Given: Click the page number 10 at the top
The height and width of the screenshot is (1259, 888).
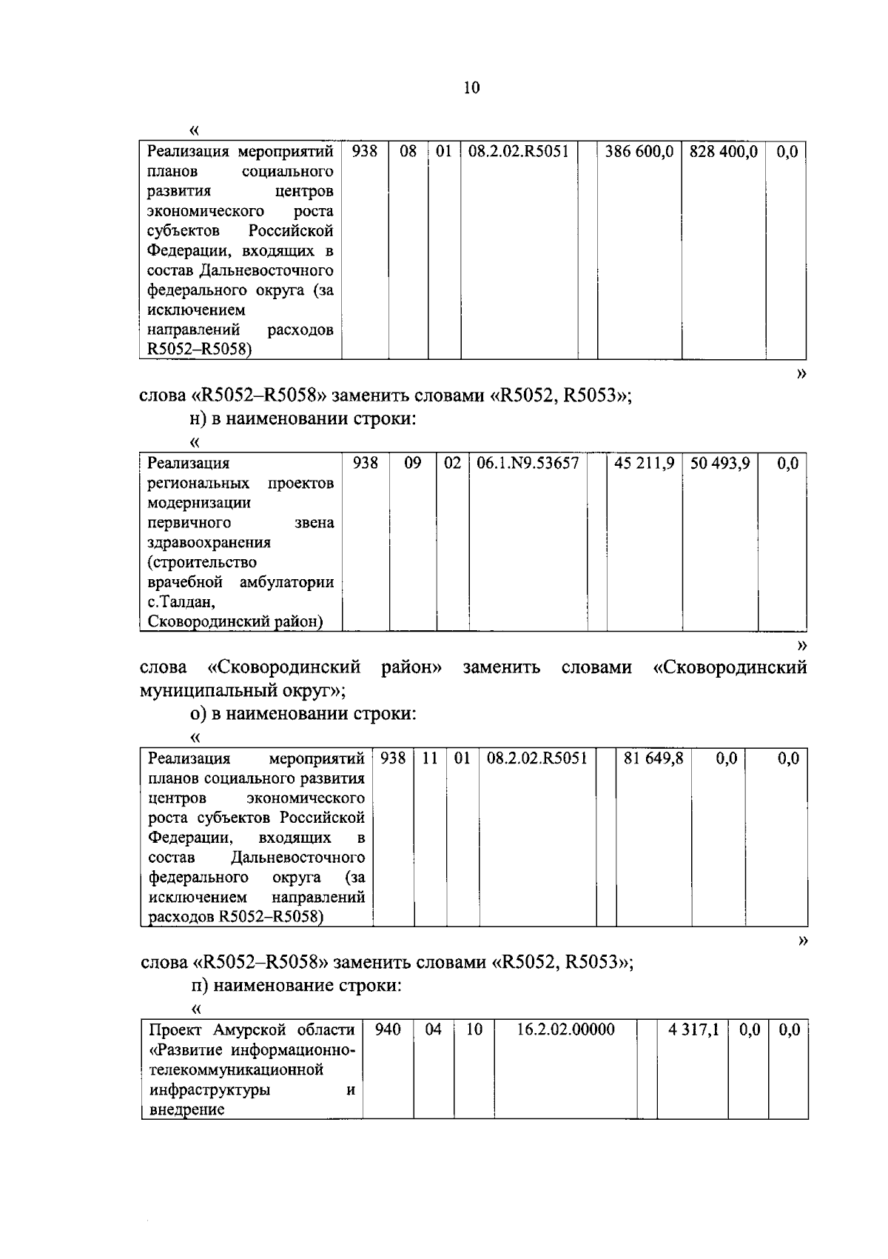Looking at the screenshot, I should click(471, 88).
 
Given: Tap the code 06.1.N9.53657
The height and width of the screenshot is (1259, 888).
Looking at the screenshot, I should click(528, 464).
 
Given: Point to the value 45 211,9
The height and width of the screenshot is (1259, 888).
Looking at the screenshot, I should click(644, 464).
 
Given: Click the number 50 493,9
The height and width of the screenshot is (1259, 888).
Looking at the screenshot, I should click(720, 464).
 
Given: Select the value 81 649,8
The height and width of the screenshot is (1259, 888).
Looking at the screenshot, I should click(653, 758).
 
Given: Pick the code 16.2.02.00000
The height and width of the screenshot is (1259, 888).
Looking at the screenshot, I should click(565, 1030).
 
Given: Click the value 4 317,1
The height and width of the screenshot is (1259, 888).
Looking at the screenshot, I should click(693, 1030).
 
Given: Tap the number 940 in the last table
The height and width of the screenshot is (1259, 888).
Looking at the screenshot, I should click(388, 1030).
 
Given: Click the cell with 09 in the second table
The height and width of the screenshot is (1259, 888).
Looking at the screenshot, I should click(413, 464).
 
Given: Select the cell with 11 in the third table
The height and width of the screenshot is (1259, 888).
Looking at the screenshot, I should click(430, 758).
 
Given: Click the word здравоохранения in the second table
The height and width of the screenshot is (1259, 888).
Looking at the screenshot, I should click(209, 543).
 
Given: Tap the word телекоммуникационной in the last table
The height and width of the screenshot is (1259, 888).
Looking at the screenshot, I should click(237, 1070).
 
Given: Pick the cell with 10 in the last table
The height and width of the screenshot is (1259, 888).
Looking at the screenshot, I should click(474, 1030).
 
